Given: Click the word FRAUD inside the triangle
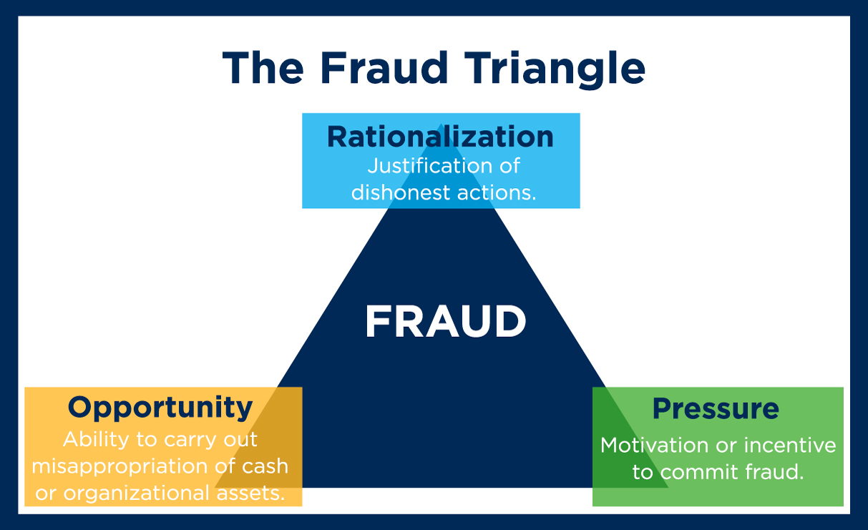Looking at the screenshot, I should pyautogui.click(x=445, y=323).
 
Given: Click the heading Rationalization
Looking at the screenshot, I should pyautogui.click(x=440, y=137).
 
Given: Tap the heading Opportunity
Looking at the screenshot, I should pyautogui.click(x=160, y=408).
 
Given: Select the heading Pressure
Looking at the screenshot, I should pyautogui.click(x=716, y=409).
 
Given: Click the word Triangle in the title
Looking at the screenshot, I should pyautogui.click(x=547, y=69).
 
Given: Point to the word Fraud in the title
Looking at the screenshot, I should pyautogui.click(x=384, y=69).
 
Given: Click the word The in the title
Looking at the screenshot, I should pyautogui.click(x=264, y=69).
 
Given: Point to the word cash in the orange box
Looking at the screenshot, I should pyautogui.click(x=261, y=466).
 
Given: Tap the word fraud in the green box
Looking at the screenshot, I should pyautogui.click(x=777, y=473).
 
